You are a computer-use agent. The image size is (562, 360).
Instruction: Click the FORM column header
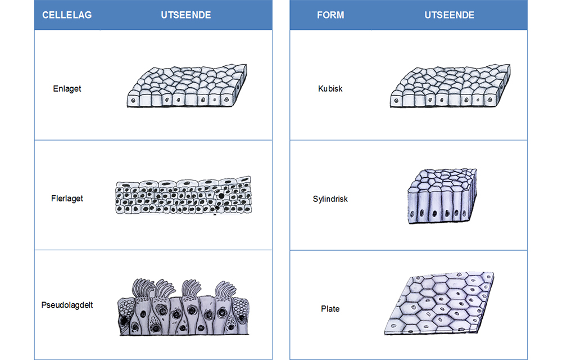pyautogui.click(x=330, y=15)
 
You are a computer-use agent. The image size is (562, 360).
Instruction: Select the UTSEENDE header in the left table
pyautogui.click(x=185, y=15)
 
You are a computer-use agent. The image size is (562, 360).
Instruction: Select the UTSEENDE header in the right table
pyautogui.click(x=449, y=15)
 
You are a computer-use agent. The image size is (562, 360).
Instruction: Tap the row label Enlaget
pyautogui.click(x=67, y=88)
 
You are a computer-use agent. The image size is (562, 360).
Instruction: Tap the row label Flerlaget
pyautogui.click(x=67, y=198)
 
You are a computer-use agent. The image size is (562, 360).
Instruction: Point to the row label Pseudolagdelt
pyautogui.click(x=67, y=305)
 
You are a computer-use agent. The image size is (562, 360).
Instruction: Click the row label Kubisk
pyautogui.click(x=330, y=88)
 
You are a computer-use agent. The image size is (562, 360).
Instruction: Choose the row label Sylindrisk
pyautogui.click(x=330, y=199)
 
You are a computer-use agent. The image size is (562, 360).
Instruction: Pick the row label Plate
pyautogui.click(x=330, y=308)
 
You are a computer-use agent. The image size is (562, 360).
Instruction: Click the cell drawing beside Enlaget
pyautogui.click(x=185, y=86)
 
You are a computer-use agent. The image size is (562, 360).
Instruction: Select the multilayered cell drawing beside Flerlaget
pyautogui.click(x=183, y=196)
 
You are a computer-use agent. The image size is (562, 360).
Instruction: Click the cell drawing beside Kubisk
pyautogui.click(x=449, y=86)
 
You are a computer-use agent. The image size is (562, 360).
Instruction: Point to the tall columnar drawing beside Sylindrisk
pyautogui.click(x=442, y=197)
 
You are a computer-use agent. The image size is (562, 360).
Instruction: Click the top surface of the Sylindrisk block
pyautogui.click(x=443, y=179)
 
